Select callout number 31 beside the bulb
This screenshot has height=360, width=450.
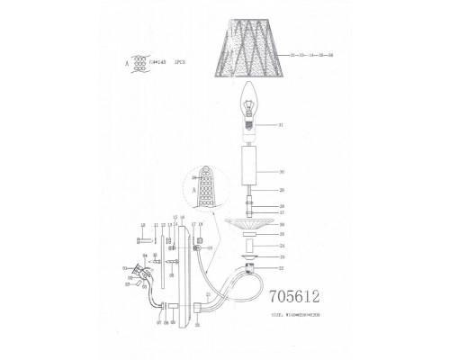point(282,124)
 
